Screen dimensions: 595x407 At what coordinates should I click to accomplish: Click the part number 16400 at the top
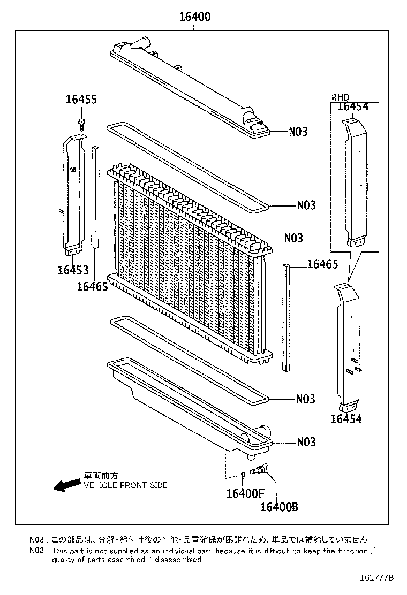[194, 17]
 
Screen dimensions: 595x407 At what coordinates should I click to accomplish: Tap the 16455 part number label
[81, 99]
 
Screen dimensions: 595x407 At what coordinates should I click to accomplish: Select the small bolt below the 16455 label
[81, 124]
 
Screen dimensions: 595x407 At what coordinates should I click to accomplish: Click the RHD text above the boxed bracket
[340, 97]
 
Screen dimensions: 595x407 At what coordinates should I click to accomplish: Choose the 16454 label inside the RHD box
[353, 106]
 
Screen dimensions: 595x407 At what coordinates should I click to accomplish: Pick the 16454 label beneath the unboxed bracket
[345, 419]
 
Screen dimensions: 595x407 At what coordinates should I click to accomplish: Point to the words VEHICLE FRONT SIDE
[125, 485]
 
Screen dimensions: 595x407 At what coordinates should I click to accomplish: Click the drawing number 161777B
[376, 578]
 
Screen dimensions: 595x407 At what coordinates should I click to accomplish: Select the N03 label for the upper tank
[298, 131]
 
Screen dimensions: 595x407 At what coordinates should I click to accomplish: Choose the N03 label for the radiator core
[293, 238]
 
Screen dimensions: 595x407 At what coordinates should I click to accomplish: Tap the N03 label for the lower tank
[306, 442]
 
